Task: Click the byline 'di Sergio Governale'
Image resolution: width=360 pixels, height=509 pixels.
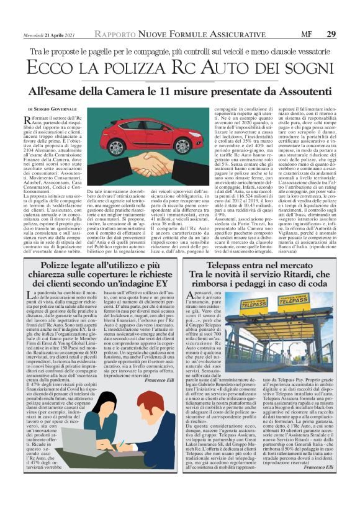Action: (60, 109)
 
